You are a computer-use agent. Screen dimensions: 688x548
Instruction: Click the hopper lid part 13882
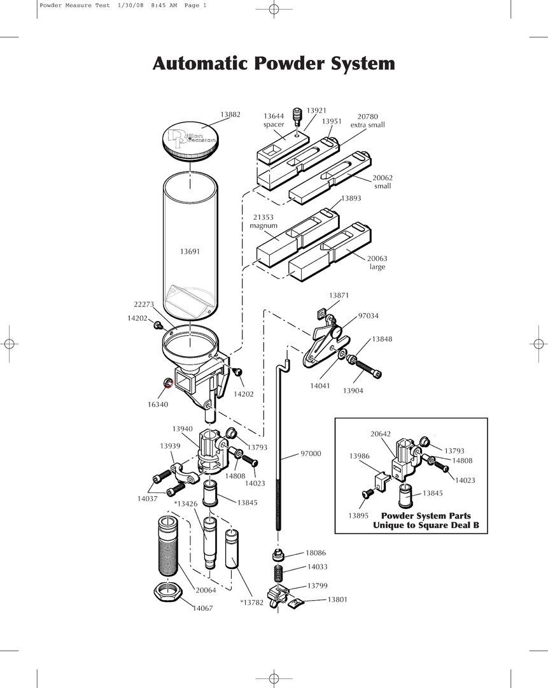(x=190, y=141)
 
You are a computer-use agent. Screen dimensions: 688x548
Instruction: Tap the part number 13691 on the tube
(x=190, y=252)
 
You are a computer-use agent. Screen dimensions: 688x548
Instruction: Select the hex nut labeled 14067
(x=169, y=593)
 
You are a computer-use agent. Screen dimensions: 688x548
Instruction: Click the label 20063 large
(x=377, y=262)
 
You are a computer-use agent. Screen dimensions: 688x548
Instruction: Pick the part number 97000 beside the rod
(x=311, y=454)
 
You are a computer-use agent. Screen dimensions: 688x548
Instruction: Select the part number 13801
(x=337, y=599)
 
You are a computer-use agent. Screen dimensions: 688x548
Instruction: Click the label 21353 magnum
(x=263, y=222)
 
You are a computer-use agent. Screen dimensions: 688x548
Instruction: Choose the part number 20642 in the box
(x=381, y=434)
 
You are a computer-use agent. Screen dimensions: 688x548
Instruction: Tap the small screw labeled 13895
(x=367, y=494)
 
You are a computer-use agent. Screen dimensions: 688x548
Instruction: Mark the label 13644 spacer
(x=274, y=120)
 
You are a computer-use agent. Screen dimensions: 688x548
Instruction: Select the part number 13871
(x=339, y=296)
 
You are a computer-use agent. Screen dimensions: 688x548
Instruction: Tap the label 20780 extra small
(x=368, y=120)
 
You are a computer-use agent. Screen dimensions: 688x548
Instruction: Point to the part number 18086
(x=316, y=553)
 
